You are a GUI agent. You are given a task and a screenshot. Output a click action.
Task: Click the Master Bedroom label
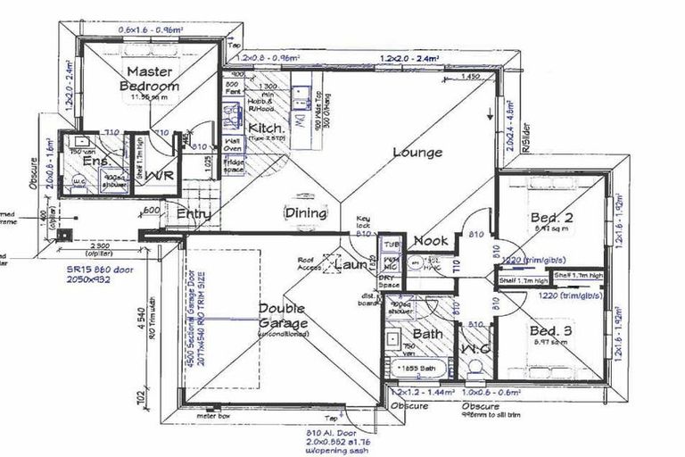click(x=150, y=79)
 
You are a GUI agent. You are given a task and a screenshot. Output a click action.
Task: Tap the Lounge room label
click(x=417, y=152)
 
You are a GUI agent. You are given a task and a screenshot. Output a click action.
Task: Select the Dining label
click(x=305, y=212)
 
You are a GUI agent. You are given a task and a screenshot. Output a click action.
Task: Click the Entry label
click(x=194, y=214)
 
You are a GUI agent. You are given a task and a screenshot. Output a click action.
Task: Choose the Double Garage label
click(x=283, y=316)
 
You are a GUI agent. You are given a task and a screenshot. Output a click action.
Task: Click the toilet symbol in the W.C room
click(x=473, y=368)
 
